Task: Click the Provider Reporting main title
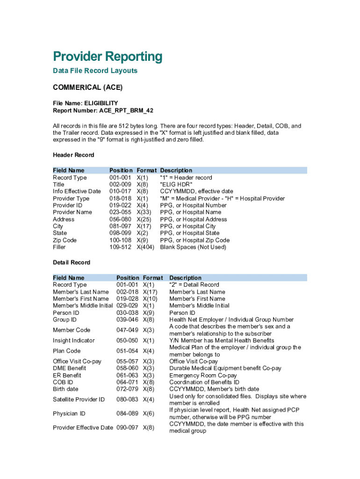tap(108, 57)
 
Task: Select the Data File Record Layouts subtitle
tap(95, 71)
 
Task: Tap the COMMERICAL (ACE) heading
tap(87, 87)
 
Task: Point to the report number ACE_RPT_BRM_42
tap(126, 110)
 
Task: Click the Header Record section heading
tap(73, 155)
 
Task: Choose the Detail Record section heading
tap(72, 262)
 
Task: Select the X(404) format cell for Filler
tap(145, 247)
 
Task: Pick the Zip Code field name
tap(65, 240)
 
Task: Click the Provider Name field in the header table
tap(72, 212)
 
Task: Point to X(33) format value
tap(144, 212)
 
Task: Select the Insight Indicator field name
tap(74, 341)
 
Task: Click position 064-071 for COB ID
tap(127, 382)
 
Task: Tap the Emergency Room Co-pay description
tap(203, 375)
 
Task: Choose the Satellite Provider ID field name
tap(79, 399)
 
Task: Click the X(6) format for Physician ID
tap(148, 414)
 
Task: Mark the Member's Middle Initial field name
tap(83, 305)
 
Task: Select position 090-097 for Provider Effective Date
tap(127, 428)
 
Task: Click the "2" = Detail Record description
tap(194, 284)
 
